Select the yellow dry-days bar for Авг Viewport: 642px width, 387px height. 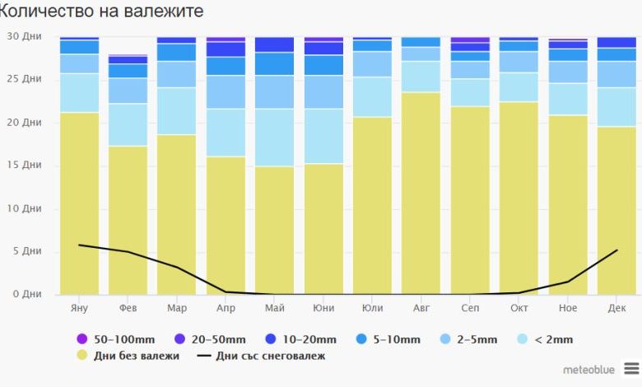click(421, 193)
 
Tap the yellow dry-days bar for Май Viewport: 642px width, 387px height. click(274, 231)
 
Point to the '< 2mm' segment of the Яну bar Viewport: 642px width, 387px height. click(79, 93)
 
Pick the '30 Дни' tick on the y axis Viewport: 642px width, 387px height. click(24, 36)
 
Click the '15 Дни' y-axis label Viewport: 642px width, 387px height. click(24, 166)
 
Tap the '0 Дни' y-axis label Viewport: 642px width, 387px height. click(26, 294)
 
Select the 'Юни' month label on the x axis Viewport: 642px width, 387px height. click(323, 309)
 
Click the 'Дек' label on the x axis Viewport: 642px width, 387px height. click(616, 309)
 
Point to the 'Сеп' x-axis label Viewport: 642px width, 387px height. click(470, 309)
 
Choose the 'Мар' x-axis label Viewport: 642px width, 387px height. click(176, 309)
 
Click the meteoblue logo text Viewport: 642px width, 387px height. click(588, 370)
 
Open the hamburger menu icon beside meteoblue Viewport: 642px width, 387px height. click(630, 368)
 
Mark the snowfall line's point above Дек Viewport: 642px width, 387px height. click(616, 250)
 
